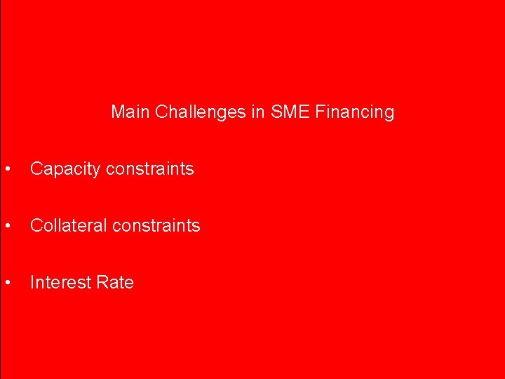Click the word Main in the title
130,112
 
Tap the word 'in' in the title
257,112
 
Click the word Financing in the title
355,112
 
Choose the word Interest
60,283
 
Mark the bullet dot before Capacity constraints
6,169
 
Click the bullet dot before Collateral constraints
6,226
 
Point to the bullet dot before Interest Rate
6,283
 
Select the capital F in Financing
321,112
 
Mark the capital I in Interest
32,283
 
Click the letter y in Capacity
90,171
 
